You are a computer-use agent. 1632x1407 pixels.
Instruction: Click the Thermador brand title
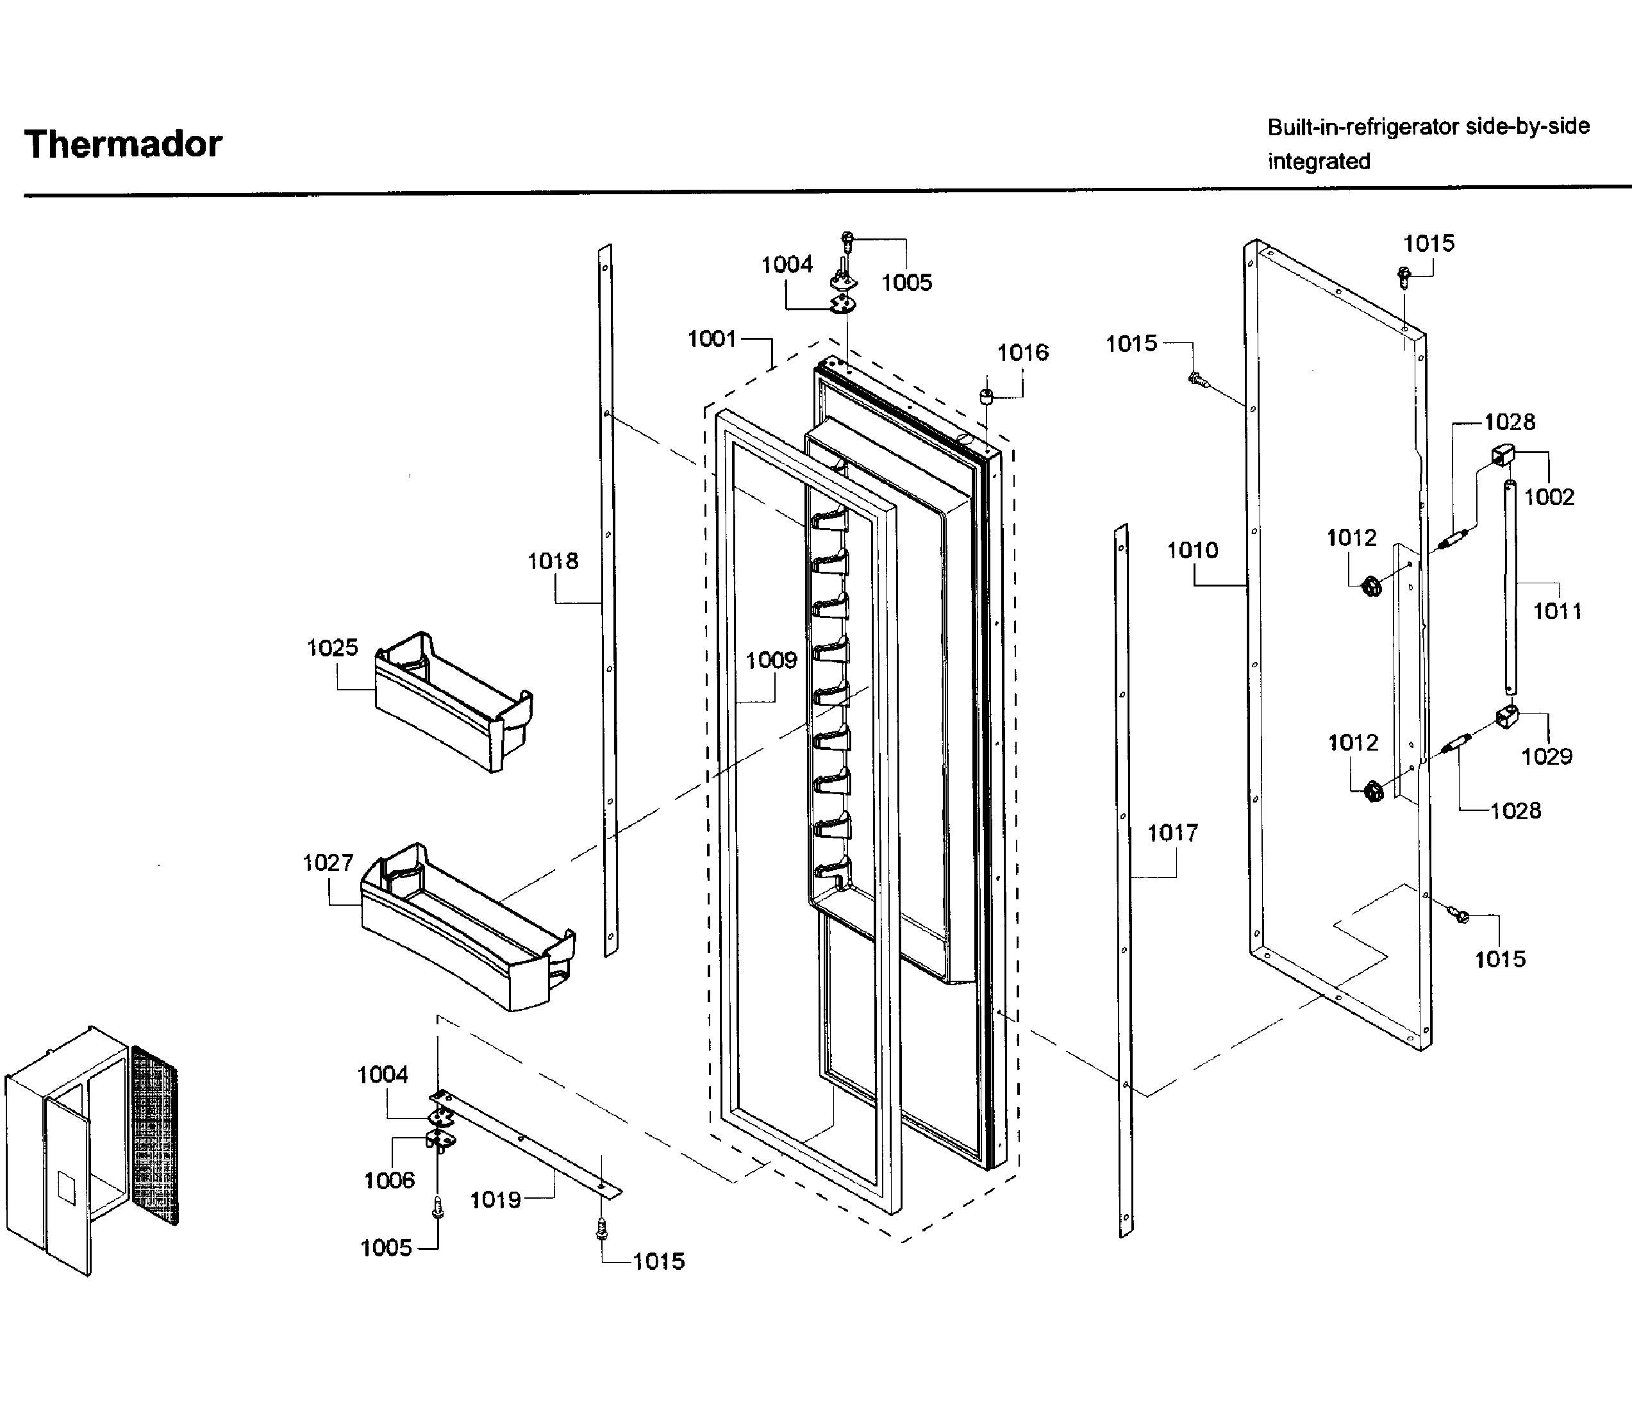pos(123,145)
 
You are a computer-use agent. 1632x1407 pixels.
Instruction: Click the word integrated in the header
pos(1319,162)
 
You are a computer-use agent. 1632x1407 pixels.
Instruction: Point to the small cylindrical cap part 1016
pos(985,395)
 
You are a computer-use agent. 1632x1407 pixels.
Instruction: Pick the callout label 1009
pos(771,660)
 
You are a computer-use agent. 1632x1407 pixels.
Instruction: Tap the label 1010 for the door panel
pos(1192,550)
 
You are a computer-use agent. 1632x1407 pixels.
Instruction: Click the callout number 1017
pos(1171,832)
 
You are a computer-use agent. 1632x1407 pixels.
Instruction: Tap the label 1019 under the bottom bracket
pos(495,1200)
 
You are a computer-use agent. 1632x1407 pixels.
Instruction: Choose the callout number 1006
pos(389,1179)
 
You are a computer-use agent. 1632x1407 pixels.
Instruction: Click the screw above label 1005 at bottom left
pos(438,1207)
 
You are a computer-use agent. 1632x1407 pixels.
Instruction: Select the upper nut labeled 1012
pos(1371,586)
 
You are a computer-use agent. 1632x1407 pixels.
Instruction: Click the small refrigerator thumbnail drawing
pos(90,1149)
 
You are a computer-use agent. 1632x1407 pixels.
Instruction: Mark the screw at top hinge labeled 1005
pos(847,238)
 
